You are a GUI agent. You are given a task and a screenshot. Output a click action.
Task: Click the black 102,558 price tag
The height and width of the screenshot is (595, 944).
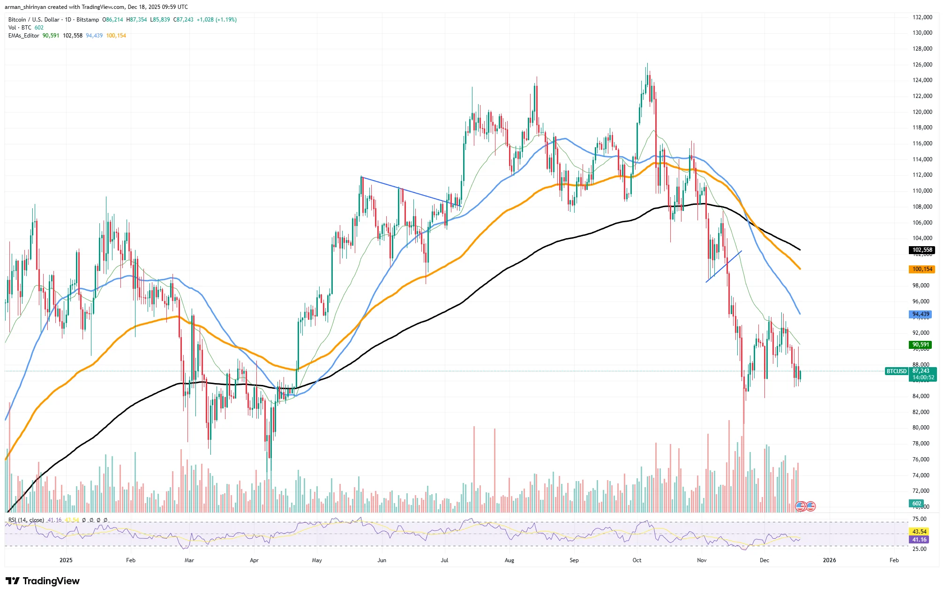[922, 250]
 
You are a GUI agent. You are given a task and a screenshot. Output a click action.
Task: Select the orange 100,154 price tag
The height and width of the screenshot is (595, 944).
[922, 269]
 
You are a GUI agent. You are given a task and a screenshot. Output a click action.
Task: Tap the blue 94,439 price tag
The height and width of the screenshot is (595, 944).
[921, 314]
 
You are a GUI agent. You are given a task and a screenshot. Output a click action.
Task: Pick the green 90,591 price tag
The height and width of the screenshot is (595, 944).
[921, 345]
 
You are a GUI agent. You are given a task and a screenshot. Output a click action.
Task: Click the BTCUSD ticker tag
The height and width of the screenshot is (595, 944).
[896, 371]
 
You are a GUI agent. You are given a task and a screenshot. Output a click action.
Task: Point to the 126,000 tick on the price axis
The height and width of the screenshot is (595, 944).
[922, 65]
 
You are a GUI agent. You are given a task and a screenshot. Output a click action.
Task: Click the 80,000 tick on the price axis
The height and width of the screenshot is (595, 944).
[921, 428]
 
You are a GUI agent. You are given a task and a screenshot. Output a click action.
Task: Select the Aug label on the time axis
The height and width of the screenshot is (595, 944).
[509, 560]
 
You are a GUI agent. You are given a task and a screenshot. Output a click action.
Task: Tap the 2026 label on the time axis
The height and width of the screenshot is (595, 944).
[829, 560]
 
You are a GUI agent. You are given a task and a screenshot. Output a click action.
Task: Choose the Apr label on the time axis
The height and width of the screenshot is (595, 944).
[254, 560]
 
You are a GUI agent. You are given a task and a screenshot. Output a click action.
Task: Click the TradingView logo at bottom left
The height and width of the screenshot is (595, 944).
[43, 581]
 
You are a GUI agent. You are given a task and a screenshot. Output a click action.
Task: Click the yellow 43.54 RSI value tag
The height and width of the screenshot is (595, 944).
[919, 532]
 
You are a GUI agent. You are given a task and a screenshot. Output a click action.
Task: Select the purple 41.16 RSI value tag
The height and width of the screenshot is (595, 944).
[919, 540]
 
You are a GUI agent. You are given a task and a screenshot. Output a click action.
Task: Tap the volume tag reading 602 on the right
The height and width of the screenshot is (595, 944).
[917, 504]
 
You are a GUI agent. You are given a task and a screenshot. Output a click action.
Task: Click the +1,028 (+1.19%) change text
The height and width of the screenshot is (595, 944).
[217, 20]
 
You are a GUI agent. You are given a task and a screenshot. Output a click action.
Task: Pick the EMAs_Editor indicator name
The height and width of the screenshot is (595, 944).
[23, 36]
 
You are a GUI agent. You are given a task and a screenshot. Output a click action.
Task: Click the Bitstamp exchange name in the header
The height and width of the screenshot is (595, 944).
[88, 20]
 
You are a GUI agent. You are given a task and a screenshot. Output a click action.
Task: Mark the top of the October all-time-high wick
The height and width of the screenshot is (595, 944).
[647, 63]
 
